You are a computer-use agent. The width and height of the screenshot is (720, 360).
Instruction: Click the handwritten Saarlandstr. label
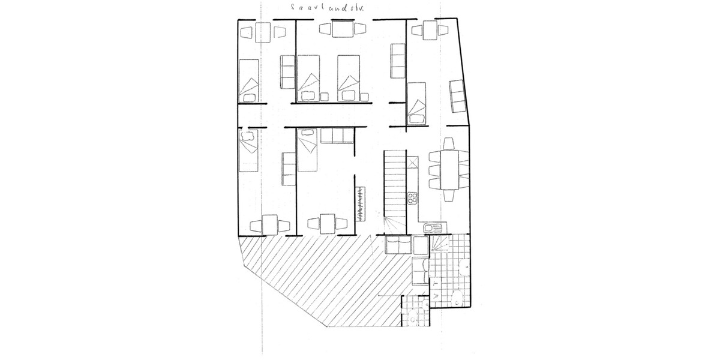click(326, 8)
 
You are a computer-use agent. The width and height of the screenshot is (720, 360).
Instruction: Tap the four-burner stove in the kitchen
click(412, 199)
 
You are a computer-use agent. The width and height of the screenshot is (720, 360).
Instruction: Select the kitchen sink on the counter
click(430, 227)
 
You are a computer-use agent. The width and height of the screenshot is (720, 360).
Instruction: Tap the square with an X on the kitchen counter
click(412, 162)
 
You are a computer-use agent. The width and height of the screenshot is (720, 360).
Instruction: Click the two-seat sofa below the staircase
click(398, 245)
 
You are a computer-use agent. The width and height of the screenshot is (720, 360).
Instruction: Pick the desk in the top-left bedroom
click(262, 32)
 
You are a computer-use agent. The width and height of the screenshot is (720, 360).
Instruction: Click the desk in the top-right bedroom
click(429, 29)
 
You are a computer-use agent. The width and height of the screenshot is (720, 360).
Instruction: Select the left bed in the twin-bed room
click(309, 78)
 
